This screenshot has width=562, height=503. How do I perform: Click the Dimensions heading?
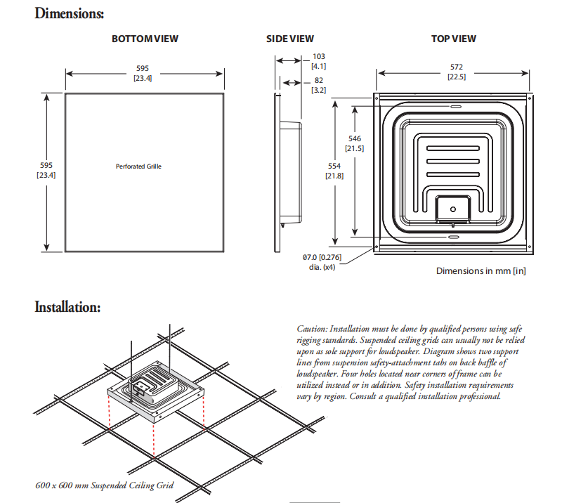[x=70, y=13]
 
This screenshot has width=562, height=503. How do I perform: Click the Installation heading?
[x=67, y=307]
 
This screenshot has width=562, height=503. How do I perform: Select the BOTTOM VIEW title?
[x=145, y=39]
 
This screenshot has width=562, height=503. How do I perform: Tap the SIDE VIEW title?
[x=290, y=39]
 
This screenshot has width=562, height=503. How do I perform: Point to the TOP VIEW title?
[x=453, y=39]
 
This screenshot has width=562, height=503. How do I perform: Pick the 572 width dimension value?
[x=456, y=67]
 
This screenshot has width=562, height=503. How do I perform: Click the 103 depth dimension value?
[x=318, y=56]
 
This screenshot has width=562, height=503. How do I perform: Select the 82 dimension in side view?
[x=318, y=81]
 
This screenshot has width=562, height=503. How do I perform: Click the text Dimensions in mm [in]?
[x=481, y=270]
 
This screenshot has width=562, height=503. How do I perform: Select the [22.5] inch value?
[x=456, y=77]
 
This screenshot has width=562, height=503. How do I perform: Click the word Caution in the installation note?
[x=311, y=329]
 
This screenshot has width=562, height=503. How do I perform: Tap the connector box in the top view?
[x=452, y=208]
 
